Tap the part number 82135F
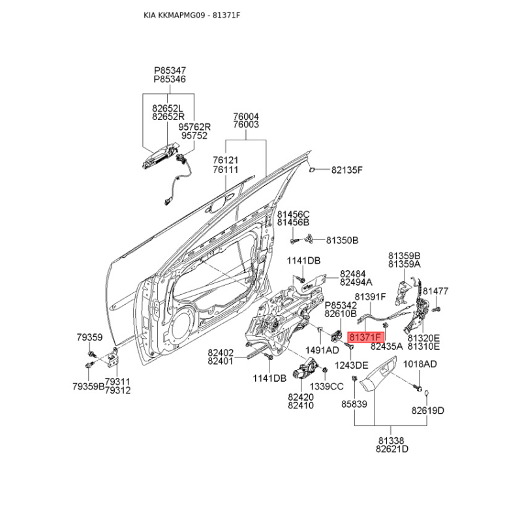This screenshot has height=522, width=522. coord(346,170)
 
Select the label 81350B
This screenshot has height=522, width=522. coord(342,240)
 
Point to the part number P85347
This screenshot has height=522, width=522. coord(170,69)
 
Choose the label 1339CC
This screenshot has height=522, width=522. coord(326,386)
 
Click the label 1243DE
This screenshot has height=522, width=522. coord(352,365)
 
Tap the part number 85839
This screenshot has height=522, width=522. coord(354,405)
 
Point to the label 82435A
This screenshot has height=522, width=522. coord(386,347)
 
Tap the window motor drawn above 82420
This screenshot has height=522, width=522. coord(304,373)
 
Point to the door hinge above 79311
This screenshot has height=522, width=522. coord(114,360)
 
